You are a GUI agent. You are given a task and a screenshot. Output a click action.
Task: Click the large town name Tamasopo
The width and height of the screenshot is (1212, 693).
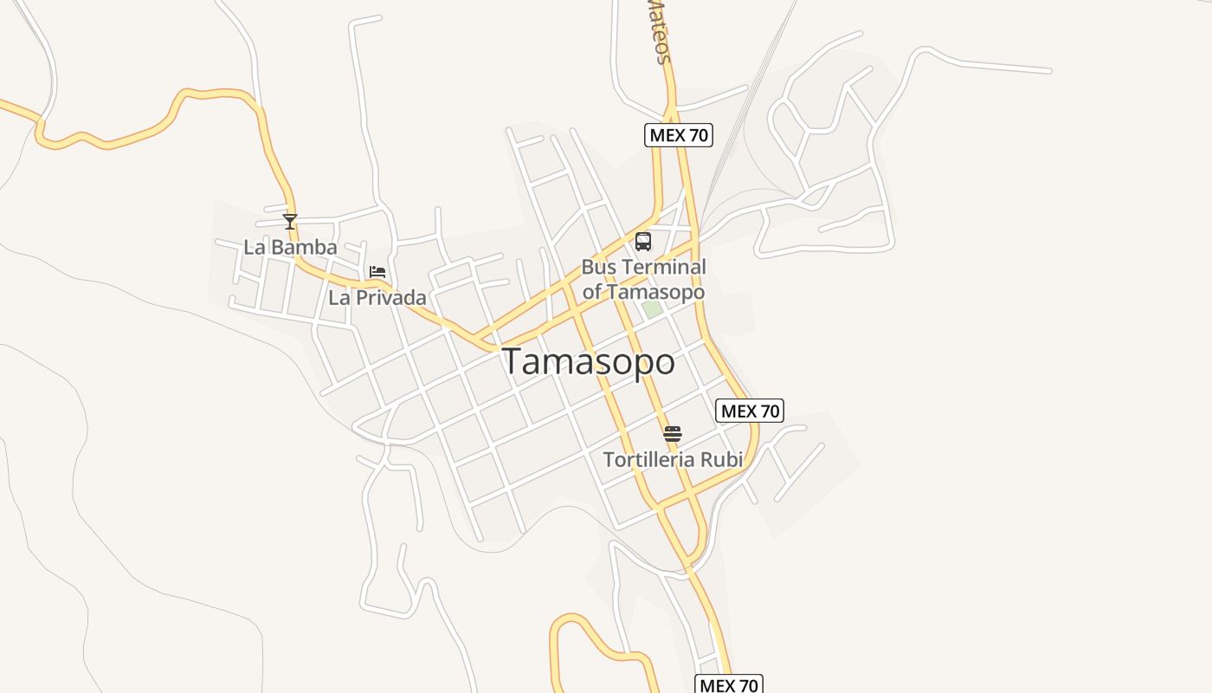tap(589, 361)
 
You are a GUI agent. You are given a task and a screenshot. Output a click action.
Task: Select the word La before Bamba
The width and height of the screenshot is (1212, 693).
tap(254, 248)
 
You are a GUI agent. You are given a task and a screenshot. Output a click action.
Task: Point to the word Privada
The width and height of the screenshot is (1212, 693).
tap(390, 298)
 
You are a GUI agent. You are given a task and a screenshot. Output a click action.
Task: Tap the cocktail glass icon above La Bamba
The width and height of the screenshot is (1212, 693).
tap(290, 222)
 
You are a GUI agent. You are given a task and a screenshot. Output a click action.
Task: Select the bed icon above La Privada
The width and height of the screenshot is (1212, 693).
tap(377, 272)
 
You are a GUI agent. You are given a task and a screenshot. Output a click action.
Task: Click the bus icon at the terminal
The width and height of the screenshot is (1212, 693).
tap(642, 242)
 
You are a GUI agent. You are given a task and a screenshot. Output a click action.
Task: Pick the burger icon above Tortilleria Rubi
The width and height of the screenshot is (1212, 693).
tap(673, 434)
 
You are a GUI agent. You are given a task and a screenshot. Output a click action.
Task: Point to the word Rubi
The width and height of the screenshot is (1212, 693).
tap(722, 460)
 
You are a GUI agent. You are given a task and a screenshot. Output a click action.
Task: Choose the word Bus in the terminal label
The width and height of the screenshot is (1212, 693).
tap(597, 267)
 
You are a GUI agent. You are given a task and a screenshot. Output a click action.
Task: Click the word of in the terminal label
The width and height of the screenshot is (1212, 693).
tap(592, 292)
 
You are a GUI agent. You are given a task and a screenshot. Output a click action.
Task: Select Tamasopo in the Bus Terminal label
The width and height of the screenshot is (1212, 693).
tap(655, 292)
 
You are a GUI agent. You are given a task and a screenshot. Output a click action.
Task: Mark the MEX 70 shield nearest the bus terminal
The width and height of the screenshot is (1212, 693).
tap(679, 135)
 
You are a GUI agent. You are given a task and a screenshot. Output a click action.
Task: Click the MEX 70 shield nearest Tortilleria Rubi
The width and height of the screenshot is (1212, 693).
tap(750, 411)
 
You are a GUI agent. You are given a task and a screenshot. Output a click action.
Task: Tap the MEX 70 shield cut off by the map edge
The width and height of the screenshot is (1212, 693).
tap(729, 684)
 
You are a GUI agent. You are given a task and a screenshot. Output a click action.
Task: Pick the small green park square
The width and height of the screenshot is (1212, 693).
tap(652, 308)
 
